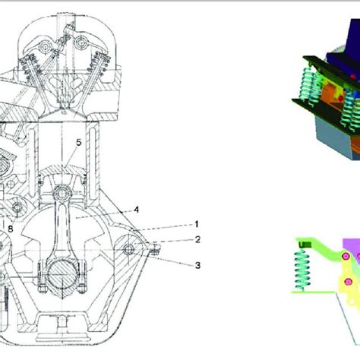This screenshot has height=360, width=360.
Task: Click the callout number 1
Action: point(196,224)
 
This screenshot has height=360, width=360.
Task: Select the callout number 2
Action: point(196,239)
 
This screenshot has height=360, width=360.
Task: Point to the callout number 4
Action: point(136,209)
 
